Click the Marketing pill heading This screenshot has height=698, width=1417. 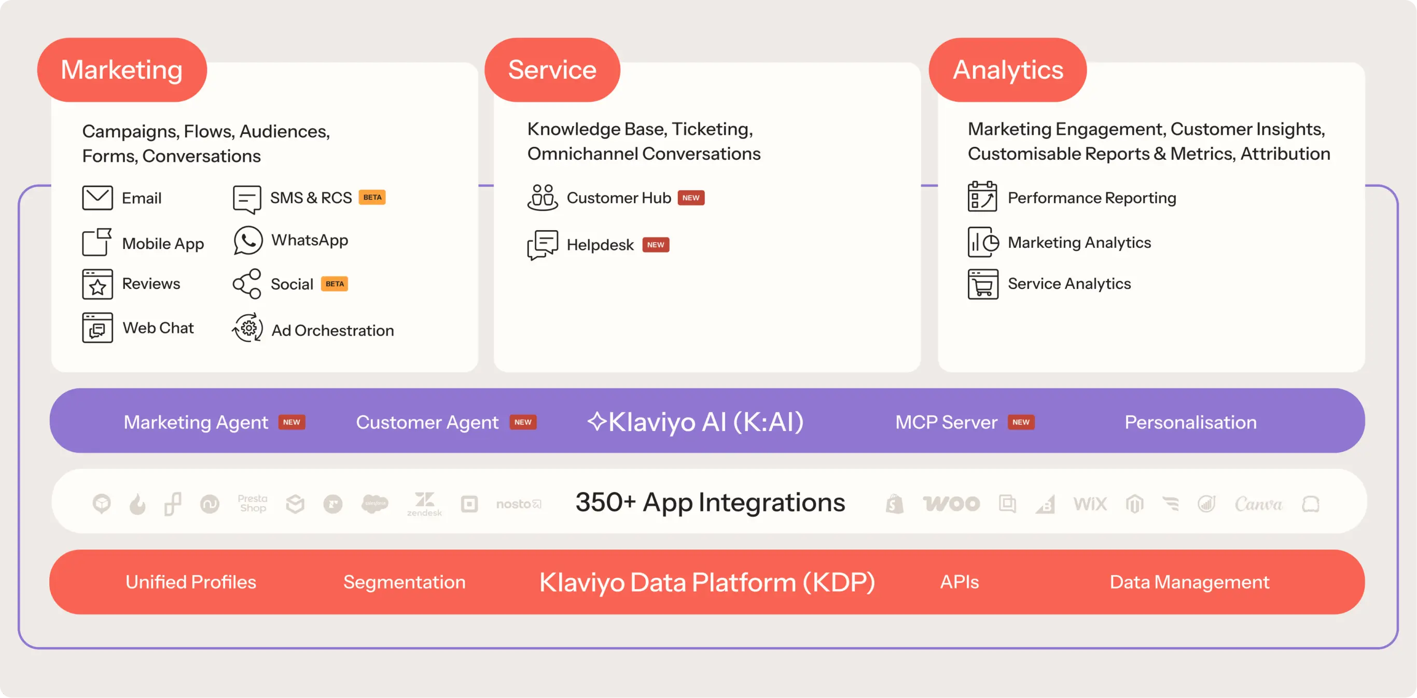121,70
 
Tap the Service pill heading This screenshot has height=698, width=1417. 552,70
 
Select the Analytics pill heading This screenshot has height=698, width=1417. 1007,70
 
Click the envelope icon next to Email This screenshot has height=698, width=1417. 98,198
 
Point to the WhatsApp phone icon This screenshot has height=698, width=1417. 247,241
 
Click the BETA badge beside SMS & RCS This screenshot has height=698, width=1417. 372,197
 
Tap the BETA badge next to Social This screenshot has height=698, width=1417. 334,284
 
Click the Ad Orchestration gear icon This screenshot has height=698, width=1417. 247,328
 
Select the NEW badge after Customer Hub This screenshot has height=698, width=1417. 690,198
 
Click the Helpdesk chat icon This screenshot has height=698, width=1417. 543,244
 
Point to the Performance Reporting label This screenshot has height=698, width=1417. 1091,198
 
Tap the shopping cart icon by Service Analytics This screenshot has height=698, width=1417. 982,284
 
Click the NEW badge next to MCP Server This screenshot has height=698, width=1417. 1020,422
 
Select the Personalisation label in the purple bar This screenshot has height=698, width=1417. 1190,422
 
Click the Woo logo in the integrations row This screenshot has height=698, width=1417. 951,504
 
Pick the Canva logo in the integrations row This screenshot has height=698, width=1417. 1258,504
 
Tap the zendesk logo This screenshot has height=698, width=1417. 424,504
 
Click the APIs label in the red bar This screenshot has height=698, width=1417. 960,581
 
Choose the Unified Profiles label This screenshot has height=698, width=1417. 190,581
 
